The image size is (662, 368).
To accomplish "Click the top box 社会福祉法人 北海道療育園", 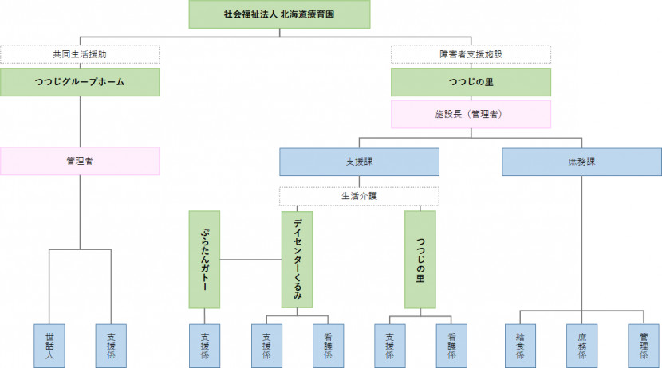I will pos(279,14).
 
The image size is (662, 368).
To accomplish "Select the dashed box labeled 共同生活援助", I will pos(80,55).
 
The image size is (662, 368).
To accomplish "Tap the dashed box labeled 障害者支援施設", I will pos(471,55).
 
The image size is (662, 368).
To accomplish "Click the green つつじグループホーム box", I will pos(80,82).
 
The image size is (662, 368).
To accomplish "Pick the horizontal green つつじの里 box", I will pos(471,82).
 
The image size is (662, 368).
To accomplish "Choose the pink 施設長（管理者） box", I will pos(471,114).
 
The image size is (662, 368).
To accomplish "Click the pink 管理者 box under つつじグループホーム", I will pos(80,161).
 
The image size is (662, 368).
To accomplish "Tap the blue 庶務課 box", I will pos(581,161).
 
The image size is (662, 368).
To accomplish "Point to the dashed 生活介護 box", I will pos(359,196).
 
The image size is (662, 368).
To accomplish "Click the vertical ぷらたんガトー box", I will pos(205,259).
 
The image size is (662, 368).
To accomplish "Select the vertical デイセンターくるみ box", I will pos(297,259).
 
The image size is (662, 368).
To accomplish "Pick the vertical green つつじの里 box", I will pos(420,259).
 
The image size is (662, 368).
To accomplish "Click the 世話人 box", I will pos(49,344).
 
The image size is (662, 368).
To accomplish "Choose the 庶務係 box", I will pos(581,344).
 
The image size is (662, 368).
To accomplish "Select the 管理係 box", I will pos(643,344).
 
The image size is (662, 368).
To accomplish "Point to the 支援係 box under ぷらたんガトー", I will pos(205,344).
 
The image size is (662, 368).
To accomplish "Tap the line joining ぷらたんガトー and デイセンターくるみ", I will pos(250,260).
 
